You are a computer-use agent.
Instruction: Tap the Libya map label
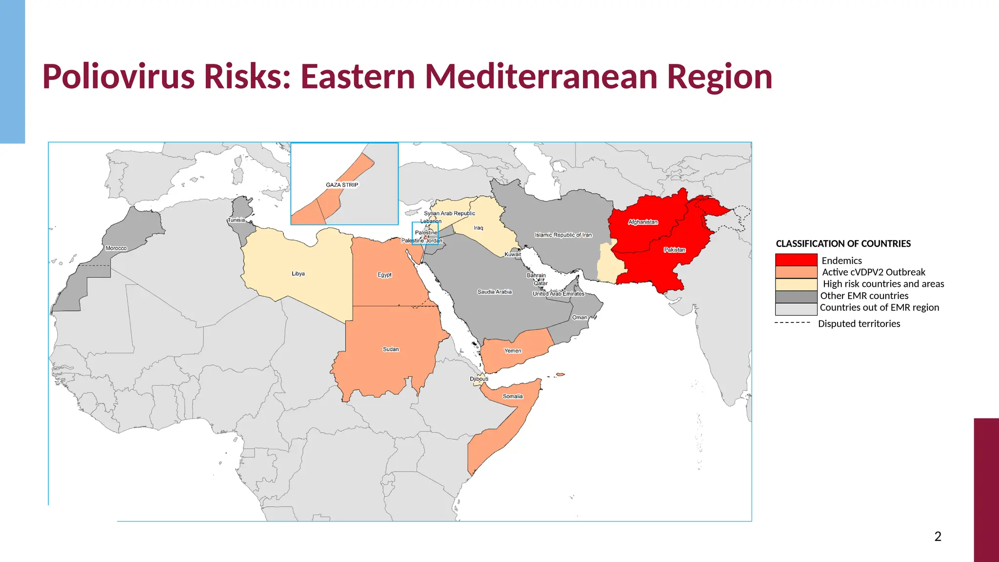pyautogui.click(x=298, y=274)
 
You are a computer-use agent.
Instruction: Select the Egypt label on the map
pyautogui.click(x=384, y=275)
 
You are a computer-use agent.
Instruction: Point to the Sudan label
pyautogui.click(x=391, y=349)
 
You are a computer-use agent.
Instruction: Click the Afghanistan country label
pyautogui.click(x=643, y=222)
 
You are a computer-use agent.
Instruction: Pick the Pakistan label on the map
pyautogui.click(x=675, y=250)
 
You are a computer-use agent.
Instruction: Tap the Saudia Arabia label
pyautogui.click(x=495, y=292)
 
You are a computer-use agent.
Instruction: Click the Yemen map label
pyautogui.click(x=513, y=351)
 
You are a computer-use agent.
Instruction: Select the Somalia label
pyautogui.click(x=513, y=396)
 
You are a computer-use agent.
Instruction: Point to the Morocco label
pyautogui.click(x=116, y=248)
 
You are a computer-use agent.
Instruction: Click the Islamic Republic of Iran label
pyautogui.click(x=563, y=235)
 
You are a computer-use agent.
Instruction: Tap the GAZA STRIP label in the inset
pyautogui.click(x=342, y=185)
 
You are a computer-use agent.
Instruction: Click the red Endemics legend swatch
pyautogui.click(x=796, y=260)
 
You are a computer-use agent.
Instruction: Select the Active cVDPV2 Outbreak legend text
pyautogui.click(x=874, y=272)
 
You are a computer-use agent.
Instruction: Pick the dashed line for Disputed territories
pyautogui.click(x=792, y=323)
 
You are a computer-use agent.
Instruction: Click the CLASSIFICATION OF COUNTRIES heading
pyautogui.click(x=843, y=243)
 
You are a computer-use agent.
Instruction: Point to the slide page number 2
pyautogui.click(x=938, y=537)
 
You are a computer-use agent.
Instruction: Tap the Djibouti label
pyautogui.click(x=479, y=379)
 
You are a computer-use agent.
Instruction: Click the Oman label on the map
pyautogui.click(x=579, y=317)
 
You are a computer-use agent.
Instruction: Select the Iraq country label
pyautogui.click(x=479, y=228)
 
